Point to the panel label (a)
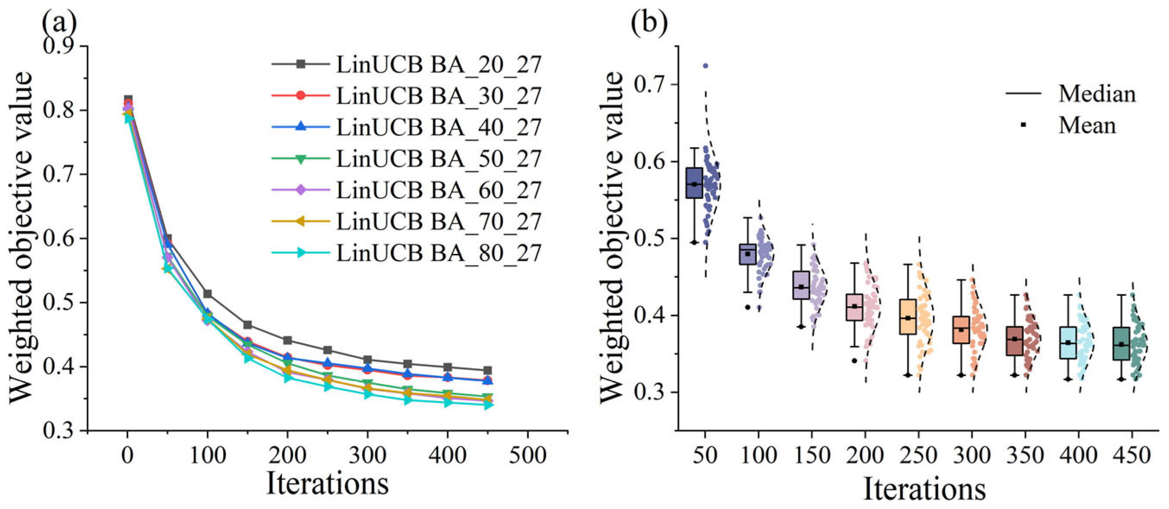(x=59, y=21)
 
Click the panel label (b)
(x=649, y=21)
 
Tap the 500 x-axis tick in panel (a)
(x=528, y=455)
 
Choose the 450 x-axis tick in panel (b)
(x=1132, y=455)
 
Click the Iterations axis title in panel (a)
(x=327, y=484)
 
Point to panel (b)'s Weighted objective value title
(x=611, y=237)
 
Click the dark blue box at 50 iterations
(x=694, y=183)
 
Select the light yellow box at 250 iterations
(x=907, y=316)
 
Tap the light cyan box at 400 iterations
(x=1068, y=342)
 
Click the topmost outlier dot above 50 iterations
(x=706, y=66)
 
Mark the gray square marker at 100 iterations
(x=207, y=294)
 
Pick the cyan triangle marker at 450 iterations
(x=488, y=404)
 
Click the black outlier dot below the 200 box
(x=854, y=360)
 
